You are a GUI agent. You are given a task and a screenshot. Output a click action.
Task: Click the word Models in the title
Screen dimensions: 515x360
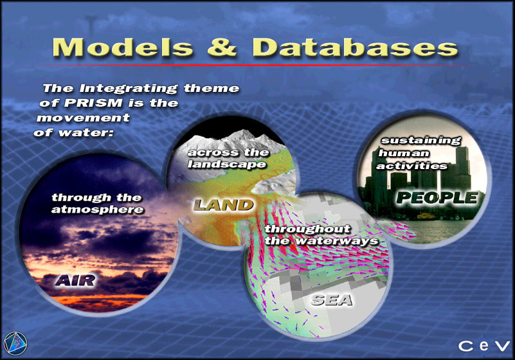[x=123, y=48]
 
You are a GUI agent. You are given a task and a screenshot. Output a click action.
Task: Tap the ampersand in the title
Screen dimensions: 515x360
[x=222, y=48]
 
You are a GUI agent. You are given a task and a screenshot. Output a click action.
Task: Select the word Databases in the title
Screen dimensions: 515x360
[x=355, y=48]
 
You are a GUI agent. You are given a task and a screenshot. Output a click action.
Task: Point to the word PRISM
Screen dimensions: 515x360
[x=93, y=103]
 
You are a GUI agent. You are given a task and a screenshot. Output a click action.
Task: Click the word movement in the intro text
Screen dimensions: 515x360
[x=84, y=118]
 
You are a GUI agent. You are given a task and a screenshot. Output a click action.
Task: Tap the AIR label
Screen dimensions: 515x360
[x=75, y=280]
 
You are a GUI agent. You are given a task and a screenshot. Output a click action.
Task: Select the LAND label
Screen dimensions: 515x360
[x=223, y=205]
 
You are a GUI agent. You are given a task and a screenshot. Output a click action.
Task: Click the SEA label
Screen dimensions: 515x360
[x=332, y=300]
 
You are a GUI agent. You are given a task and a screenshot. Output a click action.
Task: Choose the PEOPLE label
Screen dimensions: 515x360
[x=437, y=198]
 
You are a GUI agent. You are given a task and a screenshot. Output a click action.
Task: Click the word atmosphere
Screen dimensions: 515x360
[x=98, y=210]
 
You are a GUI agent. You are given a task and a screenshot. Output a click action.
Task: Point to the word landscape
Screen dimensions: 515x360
[x=227, y=164]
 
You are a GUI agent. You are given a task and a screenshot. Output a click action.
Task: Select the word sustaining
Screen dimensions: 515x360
[x=421, y=141]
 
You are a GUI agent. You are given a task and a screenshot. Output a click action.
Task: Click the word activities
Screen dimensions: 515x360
[x=411, y=166]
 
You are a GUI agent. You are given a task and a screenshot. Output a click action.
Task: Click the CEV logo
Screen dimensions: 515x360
[x=484, y=346]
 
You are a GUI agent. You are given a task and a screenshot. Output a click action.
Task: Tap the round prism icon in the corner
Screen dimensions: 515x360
[x=15, y=343]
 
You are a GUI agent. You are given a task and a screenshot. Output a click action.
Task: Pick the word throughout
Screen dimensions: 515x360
[x=308, y=229]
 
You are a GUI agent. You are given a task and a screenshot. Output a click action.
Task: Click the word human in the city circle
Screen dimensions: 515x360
[x=404, y=154]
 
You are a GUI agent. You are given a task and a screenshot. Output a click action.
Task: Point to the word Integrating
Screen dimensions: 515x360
[x=129, y=89]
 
